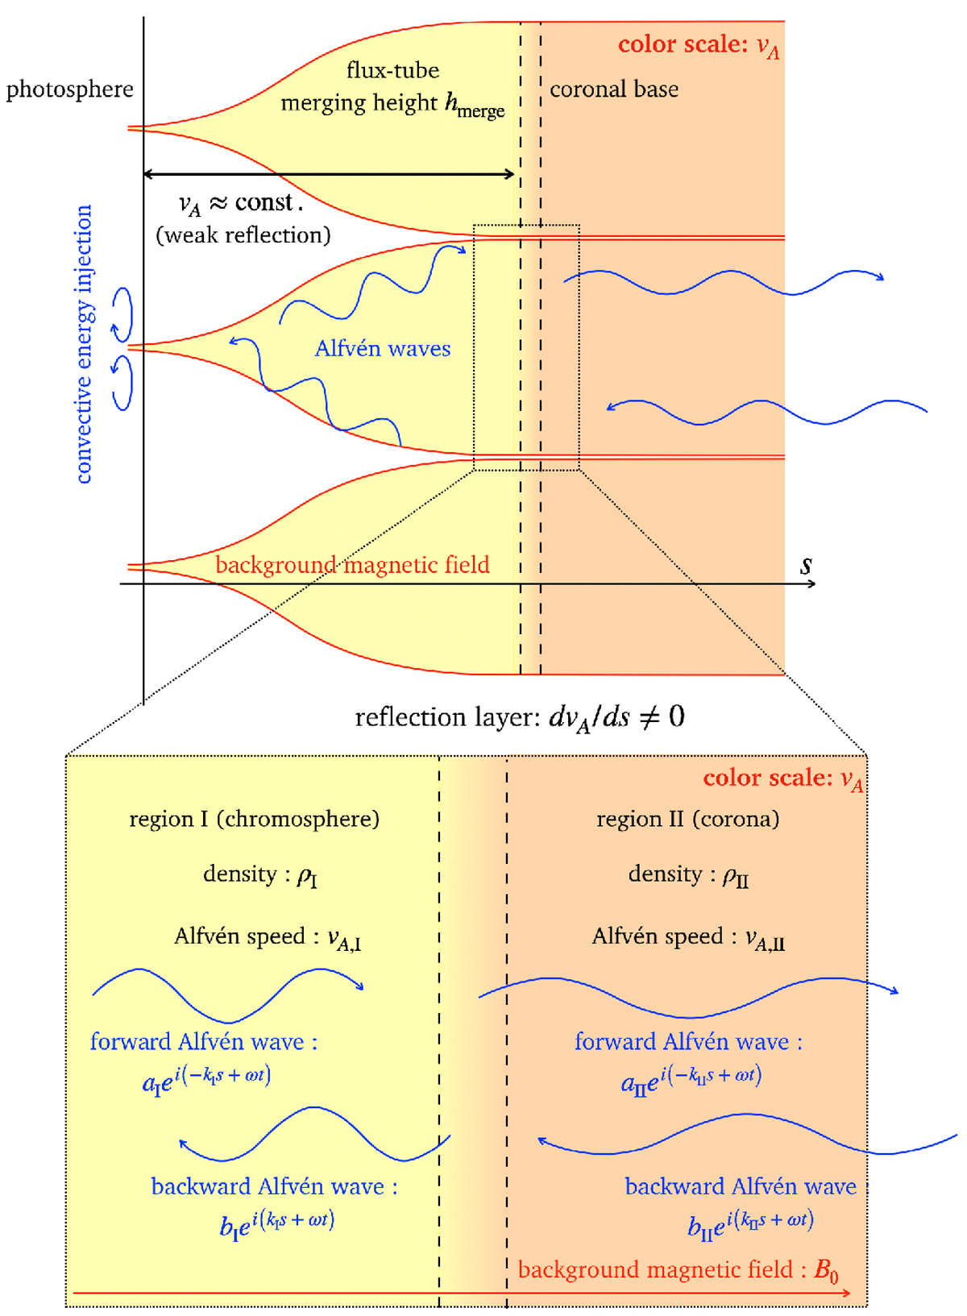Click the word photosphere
pos(70,90)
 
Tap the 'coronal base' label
pos(614,89)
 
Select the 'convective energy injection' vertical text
pos(85,344)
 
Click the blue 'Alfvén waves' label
pos(383,348)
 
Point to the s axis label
pos(806,565)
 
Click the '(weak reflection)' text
pos(243,235)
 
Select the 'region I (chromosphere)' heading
pos(255,819)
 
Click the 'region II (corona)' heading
pos(688,819)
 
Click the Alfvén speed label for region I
pos(268,937)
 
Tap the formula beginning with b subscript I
pos(276,1223)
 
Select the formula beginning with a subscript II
pos(691,1078)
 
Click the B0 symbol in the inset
pos(826,1272)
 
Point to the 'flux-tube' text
pos(393,70)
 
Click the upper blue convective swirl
pos(122,315)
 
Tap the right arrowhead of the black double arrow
pos(510,174)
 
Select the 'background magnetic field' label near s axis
pos(352,565)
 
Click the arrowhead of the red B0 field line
pos(846,1293)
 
